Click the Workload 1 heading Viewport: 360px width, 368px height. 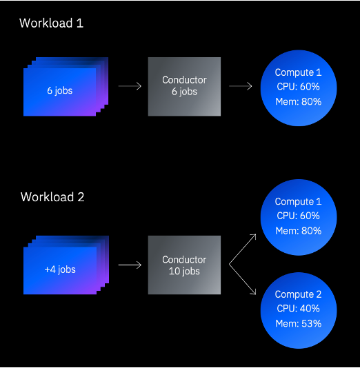[51, 23]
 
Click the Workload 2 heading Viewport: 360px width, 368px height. [52, 197]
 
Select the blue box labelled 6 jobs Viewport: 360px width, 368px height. [59, 90]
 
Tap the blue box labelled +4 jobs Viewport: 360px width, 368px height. [59, 269]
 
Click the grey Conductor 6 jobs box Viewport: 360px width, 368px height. [184, 86]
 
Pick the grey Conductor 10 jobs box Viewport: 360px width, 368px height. [184, 265]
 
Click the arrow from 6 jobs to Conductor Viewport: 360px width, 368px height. [130, 86]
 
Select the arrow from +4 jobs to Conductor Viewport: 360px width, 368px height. [130, 265]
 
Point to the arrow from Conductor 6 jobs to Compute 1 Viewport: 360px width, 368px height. [240, 86]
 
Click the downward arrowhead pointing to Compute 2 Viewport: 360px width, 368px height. [253, 294]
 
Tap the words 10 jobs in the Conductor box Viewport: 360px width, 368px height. [184, 272]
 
